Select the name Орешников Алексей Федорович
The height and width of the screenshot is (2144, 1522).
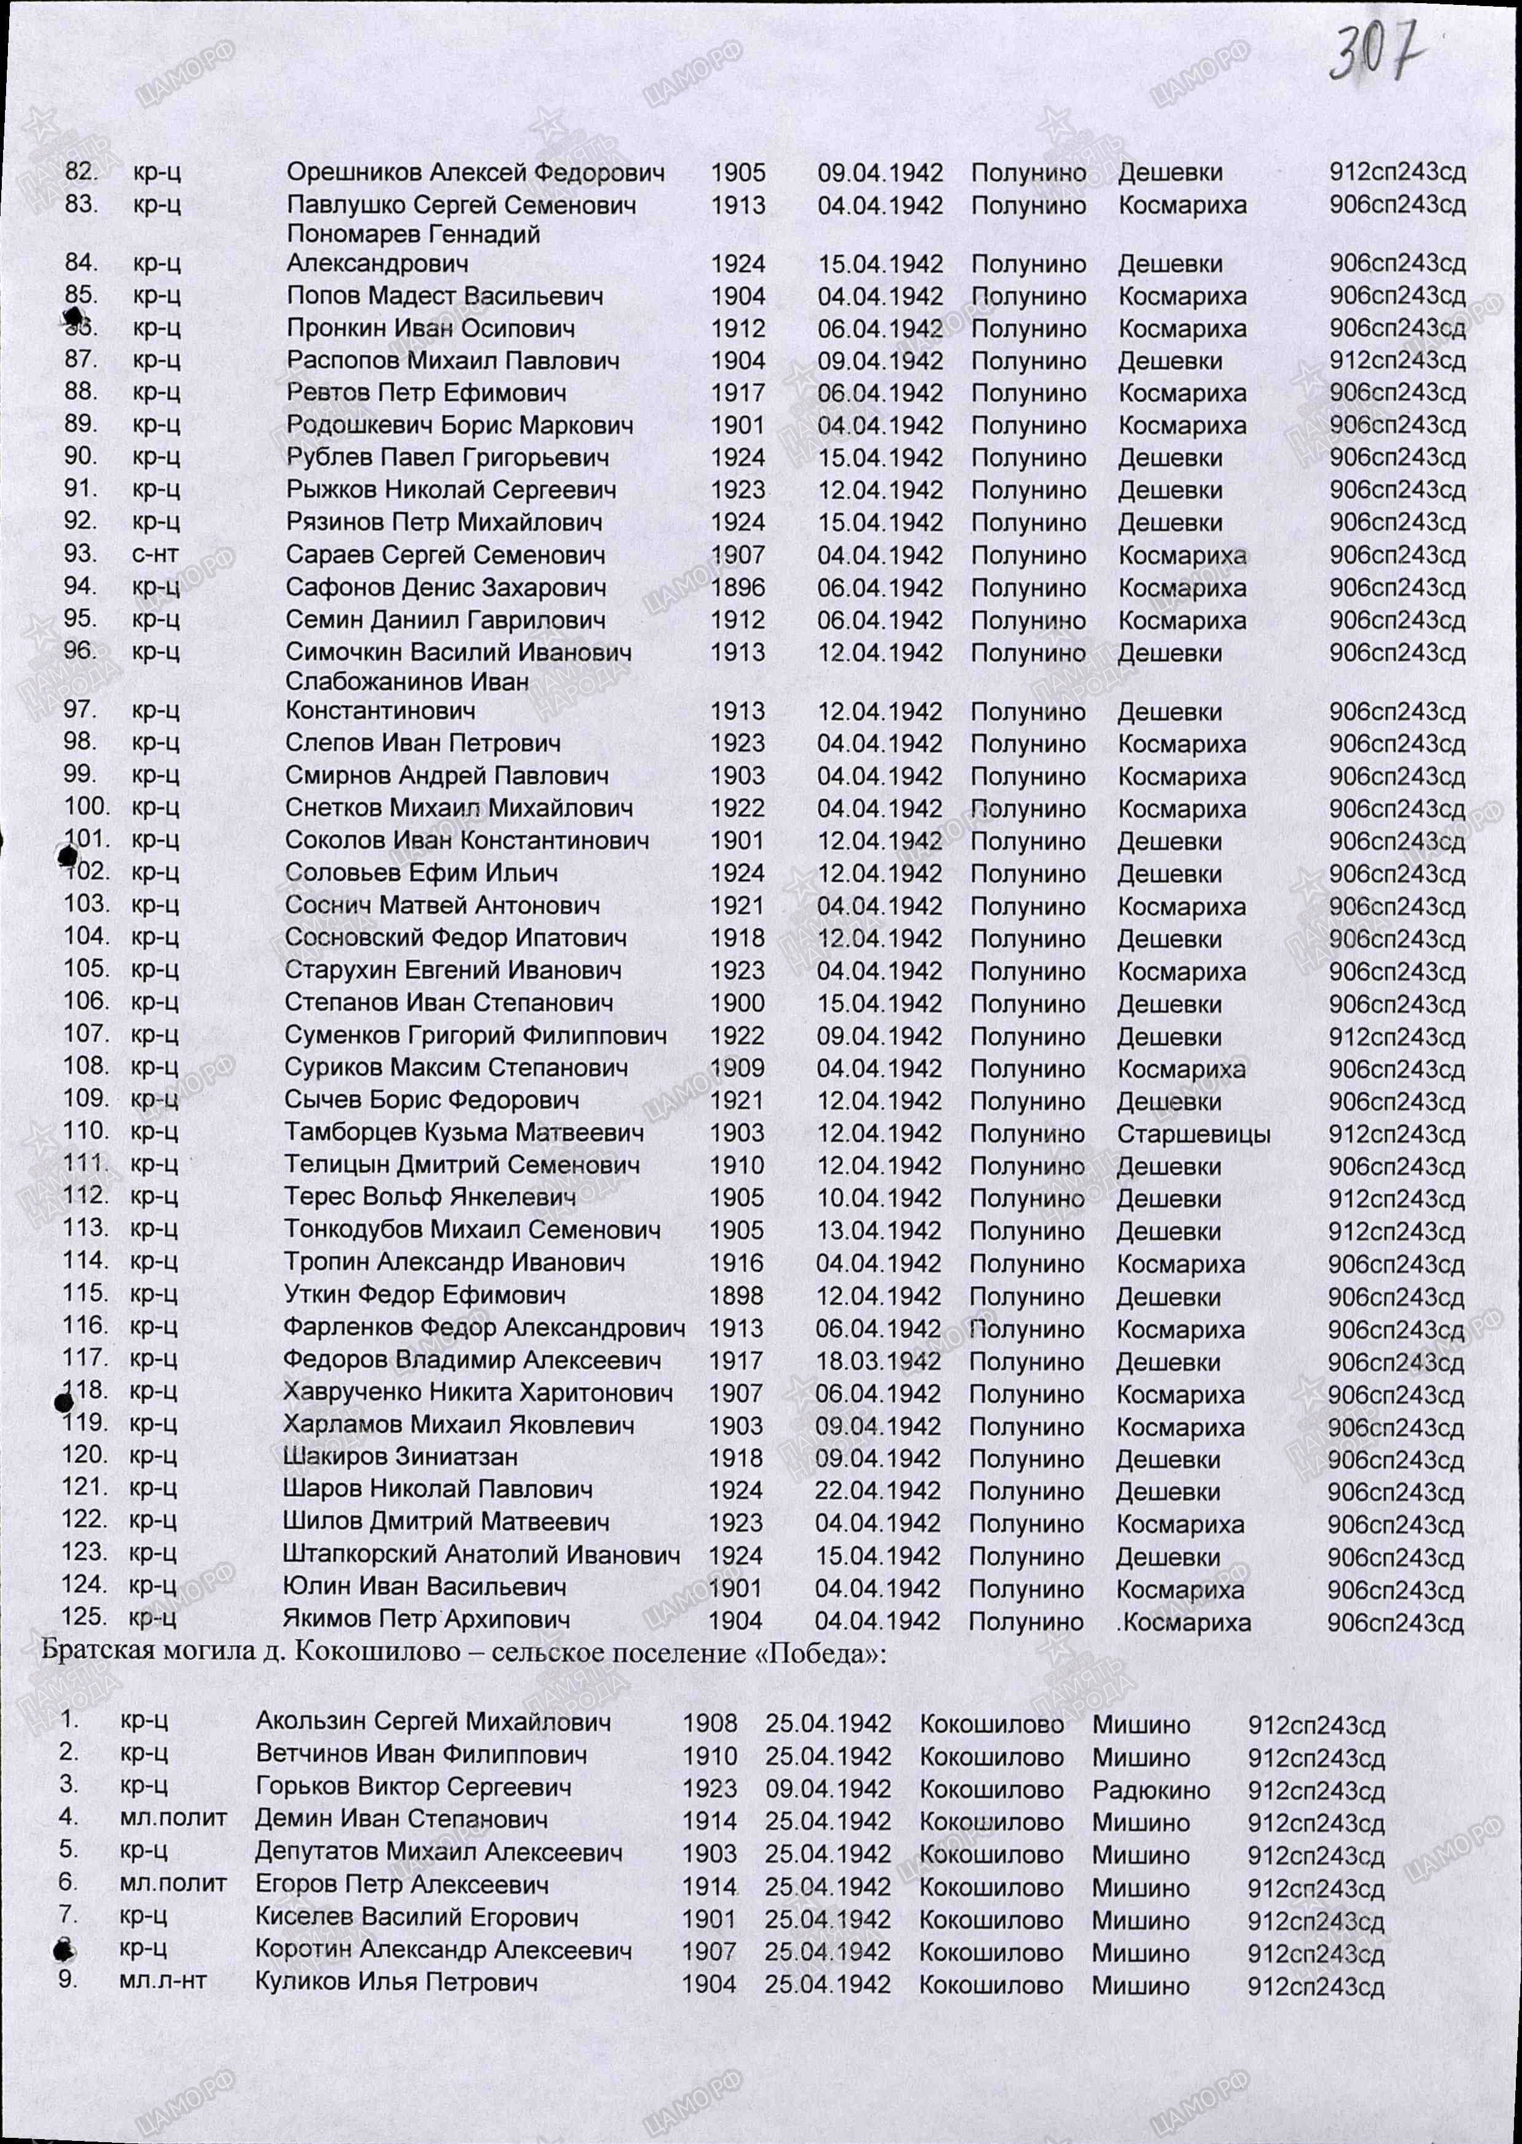475,173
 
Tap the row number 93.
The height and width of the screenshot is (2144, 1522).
80,554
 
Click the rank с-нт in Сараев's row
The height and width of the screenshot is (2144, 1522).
155,555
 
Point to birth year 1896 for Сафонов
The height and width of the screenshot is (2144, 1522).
738,588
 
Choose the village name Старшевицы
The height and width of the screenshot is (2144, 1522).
1193,1134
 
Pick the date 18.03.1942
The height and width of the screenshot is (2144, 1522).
878,1361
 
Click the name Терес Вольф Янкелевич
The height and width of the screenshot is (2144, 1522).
430,1198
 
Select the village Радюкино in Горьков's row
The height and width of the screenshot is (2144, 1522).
1151,1791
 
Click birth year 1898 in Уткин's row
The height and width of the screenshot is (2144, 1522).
736,1296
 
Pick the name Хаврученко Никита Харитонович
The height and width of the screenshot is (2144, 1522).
478,1393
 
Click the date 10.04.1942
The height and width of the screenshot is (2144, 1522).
878,1199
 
